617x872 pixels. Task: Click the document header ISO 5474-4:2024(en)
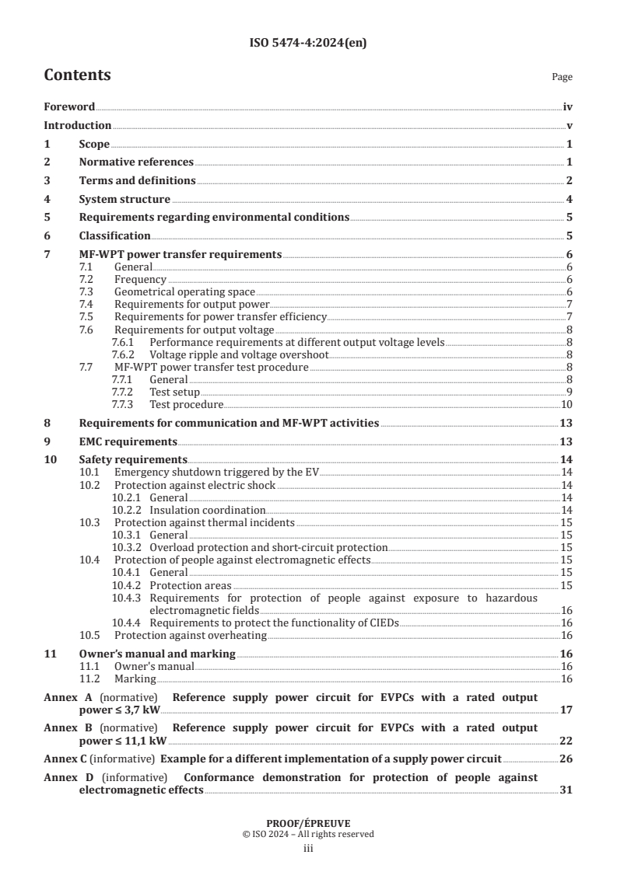coord(308,44)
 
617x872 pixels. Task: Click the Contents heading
coord(77,75)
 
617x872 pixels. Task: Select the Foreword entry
coord(69,107)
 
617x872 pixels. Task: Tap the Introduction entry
coord(77,126)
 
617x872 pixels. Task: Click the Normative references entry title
coord(136,162)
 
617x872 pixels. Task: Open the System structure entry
coord(124,200)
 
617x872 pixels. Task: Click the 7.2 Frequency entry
coord(140,279)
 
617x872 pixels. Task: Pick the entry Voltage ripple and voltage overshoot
coord(219,355)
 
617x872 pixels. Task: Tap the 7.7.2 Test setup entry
coord(175,392)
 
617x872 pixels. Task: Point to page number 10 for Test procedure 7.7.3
coord(567,405)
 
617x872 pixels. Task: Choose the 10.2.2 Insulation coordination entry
coord(208,510)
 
